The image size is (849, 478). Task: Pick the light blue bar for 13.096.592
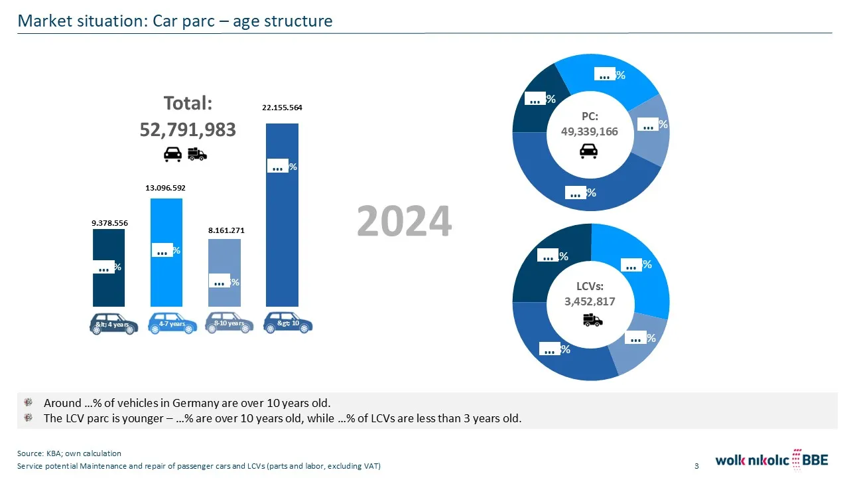point(166,279)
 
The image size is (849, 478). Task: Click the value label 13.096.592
point(165,188)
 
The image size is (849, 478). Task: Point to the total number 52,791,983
point(188,129)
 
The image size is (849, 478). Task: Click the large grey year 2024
point(404,221)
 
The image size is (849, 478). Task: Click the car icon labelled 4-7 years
point(172,323)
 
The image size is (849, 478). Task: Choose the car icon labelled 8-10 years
point(229,323)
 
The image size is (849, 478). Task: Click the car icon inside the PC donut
point(588,151)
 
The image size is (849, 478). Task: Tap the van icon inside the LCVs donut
point(592,321)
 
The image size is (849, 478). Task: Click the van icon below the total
point(198,154)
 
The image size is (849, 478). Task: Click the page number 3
point(696,466)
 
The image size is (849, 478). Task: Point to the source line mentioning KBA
point(69,453)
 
